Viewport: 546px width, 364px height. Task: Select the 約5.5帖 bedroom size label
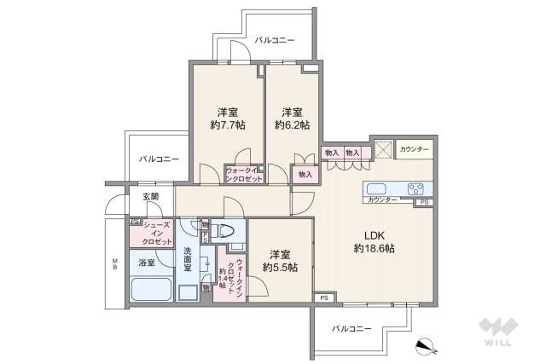pyautogui.click(x=279, y=268)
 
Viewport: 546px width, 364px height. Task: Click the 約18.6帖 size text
pyautogui.click(x=375, y=248)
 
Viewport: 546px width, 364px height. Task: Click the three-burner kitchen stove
pyautogui.click(x=416, y=188)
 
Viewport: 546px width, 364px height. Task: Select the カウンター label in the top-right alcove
pyautogui.click(x=415, y=149)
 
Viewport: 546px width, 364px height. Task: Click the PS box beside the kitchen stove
pyautogui.click(x=422, y=202)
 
